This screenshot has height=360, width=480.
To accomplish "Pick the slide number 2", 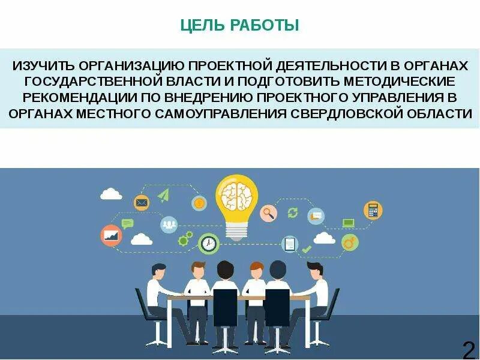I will (x=468, y=348).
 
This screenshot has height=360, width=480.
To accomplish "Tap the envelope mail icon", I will (x=142, y=203).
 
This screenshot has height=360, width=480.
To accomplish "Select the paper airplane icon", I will (x=164, y=194).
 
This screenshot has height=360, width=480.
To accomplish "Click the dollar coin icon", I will (x=199, y=203).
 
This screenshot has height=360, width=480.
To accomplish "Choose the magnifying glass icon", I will (x=268, y=212).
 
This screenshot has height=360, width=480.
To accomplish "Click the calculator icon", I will (x=373, y=210).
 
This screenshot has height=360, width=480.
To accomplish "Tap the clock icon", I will (x=208, y=243).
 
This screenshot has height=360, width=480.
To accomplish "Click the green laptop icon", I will (x=348, y=223).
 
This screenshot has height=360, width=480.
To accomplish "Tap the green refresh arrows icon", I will (x=293, y=212).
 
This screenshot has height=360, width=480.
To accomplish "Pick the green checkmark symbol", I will (x=307, y=248).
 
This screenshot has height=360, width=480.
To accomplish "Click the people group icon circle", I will (x=169, y=224).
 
